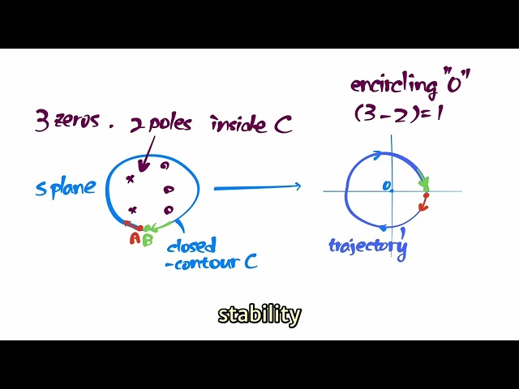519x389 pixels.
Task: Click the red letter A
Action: click(135, 239)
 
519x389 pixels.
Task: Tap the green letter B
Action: click(148, 240)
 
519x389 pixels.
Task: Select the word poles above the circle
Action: click(172, 124)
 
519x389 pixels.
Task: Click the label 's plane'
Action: click(65, 188)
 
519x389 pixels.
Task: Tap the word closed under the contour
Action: click(191, 246)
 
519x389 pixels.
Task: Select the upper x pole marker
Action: click(130, 178)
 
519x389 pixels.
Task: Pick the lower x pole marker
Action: click(132, 209)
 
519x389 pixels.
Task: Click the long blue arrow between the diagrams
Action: click(257, 188)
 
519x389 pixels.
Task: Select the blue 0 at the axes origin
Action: click(387, 186)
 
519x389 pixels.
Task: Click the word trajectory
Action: click(367, 245)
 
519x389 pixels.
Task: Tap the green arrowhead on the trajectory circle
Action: click(425, 184)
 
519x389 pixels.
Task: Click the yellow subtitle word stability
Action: click(259, 314)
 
